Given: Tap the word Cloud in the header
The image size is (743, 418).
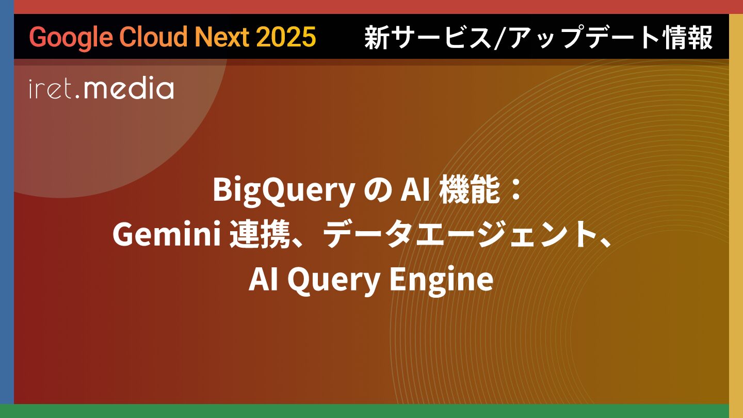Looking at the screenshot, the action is tap(154, 36).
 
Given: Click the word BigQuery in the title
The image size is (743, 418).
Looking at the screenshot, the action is tap(284, 191).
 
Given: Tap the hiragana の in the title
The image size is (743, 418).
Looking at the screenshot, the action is tap(378, 192).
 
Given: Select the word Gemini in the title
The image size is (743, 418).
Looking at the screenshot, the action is tap(167, 234).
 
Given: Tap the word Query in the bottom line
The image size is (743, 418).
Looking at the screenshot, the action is tap(334, 280).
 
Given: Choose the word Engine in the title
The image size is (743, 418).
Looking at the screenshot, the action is tap(441, 280).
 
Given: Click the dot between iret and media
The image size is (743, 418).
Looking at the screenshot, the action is tap(77, 97).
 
